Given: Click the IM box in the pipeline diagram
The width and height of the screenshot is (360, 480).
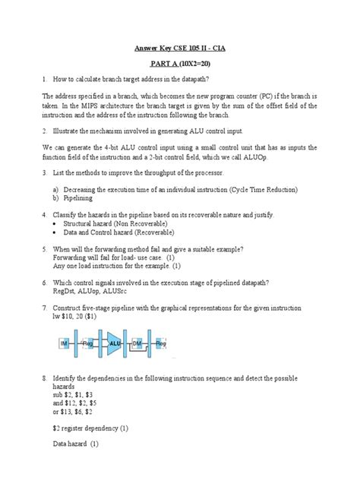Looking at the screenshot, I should point(65,343).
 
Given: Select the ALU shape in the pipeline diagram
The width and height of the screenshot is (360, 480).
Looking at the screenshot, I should point(115,343).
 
